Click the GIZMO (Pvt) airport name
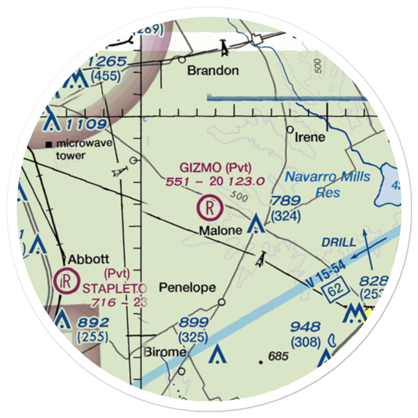(216, 168)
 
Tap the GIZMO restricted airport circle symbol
(210, 207)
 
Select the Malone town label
(220, 230)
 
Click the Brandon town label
(213, 70)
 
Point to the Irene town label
(310, 137)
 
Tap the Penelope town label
(188, 288)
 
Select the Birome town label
(165, 352)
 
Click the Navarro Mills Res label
(328, 184)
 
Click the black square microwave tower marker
(50, 145)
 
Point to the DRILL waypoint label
(339, 242)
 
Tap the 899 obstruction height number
(194, 323)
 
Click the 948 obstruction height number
(306, 327)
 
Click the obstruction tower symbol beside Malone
(255, 224)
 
